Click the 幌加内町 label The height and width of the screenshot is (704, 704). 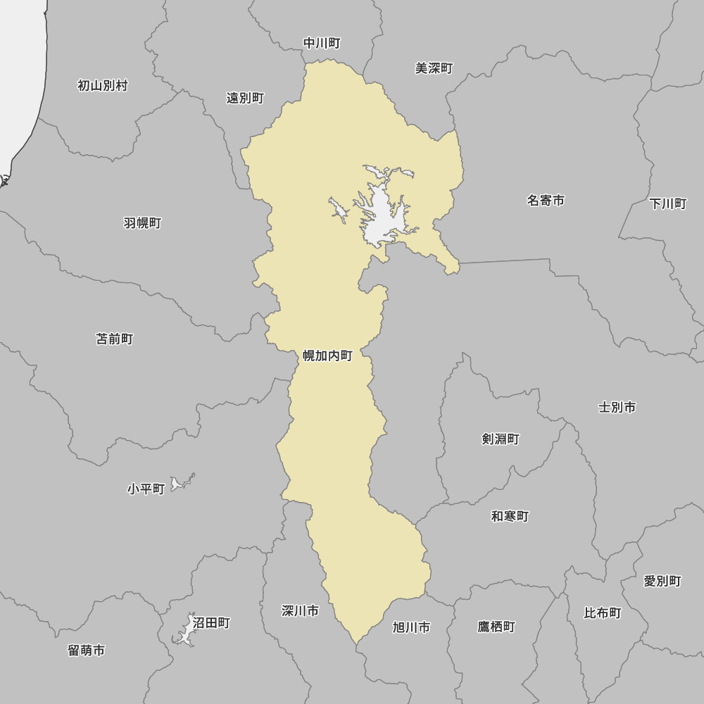click(x=327, y=356)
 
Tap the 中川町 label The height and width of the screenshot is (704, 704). click(x=322, y=44)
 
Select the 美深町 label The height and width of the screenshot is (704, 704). click(x=434, y=68)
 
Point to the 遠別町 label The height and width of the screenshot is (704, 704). click(x=245, y=98)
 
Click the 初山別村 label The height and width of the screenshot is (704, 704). click(x=103, y=86)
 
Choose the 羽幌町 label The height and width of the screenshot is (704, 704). click(x=142, y=223)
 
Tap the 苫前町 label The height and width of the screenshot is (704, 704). click(x=114, y=339)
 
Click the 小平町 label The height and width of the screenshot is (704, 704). click(x=146, y=489)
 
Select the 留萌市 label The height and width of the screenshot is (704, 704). click(x=87, y=650)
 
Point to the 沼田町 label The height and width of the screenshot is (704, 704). click(x=211, y=623)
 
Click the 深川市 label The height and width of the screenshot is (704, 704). click(x=300, y=610)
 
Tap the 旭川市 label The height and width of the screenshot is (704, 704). click(x=411, y=627)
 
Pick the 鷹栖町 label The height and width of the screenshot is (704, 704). click(x=496, y=627)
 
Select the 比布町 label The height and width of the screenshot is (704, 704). click(x=603, y=613)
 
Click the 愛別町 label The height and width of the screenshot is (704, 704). click(x=662, y=582)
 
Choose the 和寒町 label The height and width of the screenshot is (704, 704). click(x=510, y=517)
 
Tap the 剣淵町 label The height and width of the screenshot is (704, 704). click(x=501, y=439)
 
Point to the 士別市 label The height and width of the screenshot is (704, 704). click(x=617, y=408)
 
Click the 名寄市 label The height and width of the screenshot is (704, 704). click(x=546, y=201)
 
